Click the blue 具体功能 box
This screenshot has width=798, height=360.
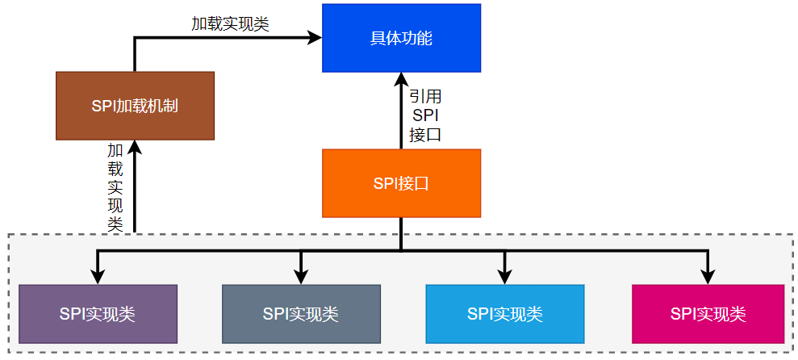pyautogui.click(x=401, y=38)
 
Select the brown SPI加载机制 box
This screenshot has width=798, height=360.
pyautogui.click(x=135, y=106)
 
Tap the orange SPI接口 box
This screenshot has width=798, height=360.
pyautogui.click(x=401, y=183)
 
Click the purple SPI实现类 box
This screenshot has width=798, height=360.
pyautogui.click(x=98, y=313)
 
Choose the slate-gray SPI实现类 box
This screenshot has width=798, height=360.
pyautogui.click(x=301, y=313)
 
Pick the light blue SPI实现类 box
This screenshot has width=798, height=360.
pyautogui.click(x=504, y=313)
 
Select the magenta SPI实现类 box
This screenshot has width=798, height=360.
pyautogui.click(x=708, y=313)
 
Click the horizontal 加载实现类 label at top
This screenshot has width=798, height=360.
pyautogui.click(x=230, y=24)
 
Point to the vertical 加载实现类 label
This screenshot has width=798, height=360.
pyautogui.click(x=115, y=187)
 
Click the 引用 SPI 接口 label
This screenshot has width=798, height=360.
pyautogui.click(x=425, y=115)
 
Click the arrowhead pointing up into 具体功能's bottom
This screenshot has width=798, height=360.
pyautogui.click(x=401, y=79)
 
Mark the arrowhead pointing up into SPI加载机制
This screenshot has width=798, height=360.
pyautogui.click(x=135, y=148)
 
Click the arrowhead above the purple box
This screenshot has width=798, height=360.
pyautogui.click(x=98, y=277)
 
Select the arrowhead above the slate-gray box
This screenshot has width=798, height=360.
pyautogui.click(x=301, y=277)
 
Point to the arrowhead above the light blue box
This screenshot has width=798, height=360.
pyautogui.click(x=504, y=277)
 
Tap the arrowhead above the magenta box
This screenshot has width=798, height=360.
pyautogui.click(x=708, y=277)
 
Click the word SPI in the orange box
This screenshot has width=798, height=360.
pyautogui.click(x=386, y=183)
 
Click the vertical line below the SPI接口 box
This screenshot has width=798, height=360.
pyautogui.click(x=401, y=234)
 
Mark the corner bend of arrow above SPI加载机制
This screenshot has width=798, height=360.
pyautogui.click(x=135, y=37)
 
